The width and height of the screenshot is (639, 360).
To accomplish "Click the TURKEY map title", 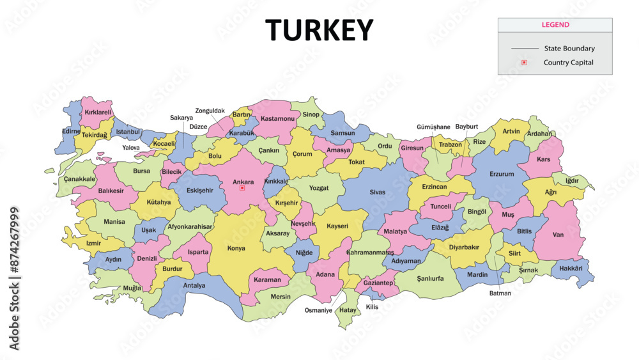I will pyautogui.click(x=319, y=30).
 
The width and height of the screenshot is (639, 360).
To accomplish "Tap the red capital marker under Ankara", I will pyautogui.click(x=242, y=188).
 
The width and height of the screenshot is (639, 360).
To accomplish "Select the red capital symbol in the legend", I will pyautogui.click(x=524, y=63).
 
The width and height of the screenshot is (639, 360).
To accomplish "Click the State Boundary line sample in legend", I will pyautogui.click(x=525, y=49).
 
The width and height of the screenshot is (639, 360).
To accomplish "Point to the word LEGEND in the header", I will pyautogui.click(x=555, y=25).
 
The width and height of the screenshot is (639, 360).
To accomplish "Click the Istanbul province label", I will pyautogui.click(x=128, y=132).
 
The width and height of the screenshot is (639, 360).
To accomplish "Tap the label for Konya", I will pyautogui.click(x=236, y=248).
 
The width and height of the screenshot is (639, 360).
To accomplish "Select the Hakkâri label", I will pyautogui.click(x=570, y=269).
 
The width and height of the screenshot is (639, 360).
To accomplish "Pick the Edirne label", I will pyautogui.click(x=71, y=131).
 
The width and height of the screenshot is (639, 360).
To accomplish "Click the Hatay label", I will pyautogui.click(x=348, y=310).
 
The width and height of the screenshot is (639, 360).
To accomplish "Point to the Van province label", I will pyautogui.click(x=558, y=235).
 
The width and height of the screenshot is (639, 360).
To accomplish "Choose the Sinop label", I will pyautogui.click(x=311, y=114).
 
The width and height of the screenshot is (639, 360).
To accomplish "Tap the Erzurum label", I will pyautogui.click(x=502, y=174).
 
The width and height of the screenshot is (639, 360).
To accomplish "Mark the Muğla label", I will pyautogui.click(x=132, y=288).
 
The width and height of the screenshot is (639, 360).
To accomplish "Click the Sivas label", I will pyautogui.click(x=378, y=192).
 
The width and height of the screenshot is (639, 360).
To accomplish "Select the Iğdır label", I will pyautogui.click(x=572, y=180).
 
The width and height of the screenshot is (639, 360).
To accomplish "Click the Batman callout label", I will pyautogui.click(x=500, y=293).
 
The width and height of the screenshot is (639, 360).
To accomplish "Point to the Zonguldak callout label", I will pyautogui.click(x=210, y=111).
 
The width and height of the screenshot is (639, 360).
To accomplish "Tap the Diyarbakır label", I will pyautogui.click(x=464, y=247).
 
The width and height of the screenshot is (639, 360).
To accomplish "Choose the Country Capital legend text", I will pyautogui.click(x=568, y=63).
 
